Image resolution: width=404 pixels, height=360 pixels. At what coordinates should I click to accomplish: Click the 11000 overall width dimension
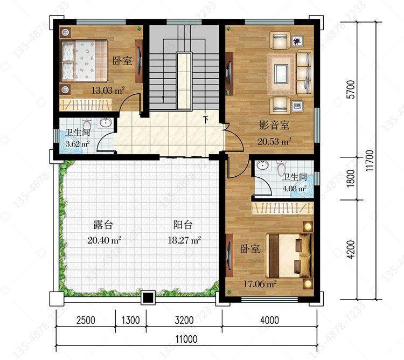point(186,339)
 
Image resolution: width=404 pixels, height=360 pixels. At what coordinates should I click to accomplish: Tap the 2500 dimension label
point(86,320)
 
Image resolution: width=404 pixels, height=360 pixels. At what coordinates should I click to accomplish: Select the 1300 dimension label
point(131,320)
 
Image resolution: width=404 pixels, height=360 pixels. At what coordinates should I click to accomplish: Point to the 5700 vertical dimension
point(351,89)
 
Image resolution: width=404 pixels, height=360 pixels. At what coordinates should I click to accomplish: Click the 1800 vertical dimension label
point(351,178)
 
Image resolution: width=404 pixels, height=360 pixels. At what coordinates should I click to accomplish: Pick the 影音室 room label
point(274,125)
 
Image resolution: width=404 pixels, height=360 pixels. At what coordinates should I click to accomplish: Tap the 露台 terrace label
point(103,225)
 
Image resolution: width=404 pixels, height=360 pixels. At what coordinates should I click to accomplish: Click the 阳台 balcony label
point(183,225)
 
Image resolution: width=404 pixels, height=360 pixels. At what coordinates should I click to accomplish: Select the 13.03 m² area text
point(108,90)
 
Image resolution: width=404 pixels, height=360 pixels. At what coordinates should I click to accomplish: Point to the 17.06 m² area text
point(260,284)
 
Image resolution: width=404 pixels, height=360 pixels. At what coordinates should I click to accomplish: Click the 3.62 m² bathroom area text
point(78,143)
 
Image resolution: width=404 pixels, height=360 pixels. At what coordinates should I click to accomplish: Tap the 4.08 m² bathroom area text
point(295,189)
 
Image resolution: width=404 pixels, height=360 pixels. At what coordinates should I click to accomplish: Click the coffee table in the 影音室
point(281,74)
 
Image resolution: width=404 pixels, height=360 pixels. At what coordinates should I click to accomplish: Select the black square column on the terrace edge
point(148,297)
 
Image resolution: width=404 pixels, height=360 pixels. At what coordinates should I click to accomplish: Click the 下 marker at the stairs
point(206,119)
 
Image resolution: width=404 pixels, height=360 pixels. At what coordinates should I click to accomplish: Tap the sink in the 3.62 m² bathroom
point(106,123)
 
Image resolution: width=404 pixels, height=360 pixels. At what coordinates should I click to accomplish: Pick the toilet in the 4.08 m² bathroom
point(281,168)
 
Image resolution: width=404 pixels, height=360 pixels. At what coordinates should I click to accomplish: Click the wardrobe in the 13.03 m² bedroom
point(86,105)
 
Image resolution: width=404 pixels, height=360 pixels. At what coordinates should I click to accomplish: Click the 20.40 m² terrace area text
point(105,240)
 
